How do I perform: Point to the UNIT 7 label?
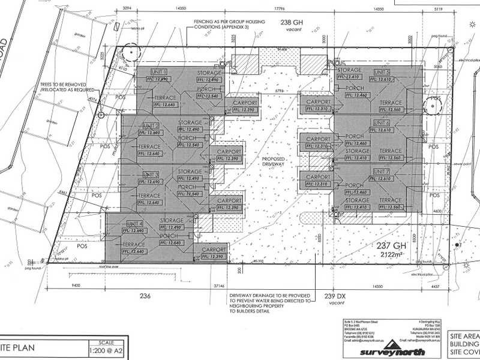pyautogui.click(x=382, y=172)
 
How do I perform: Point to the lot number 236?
pyautogui.click(x=144, y=295)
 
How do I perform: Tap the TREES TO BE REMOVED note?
pyautogui.click(x=65, y=85)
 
